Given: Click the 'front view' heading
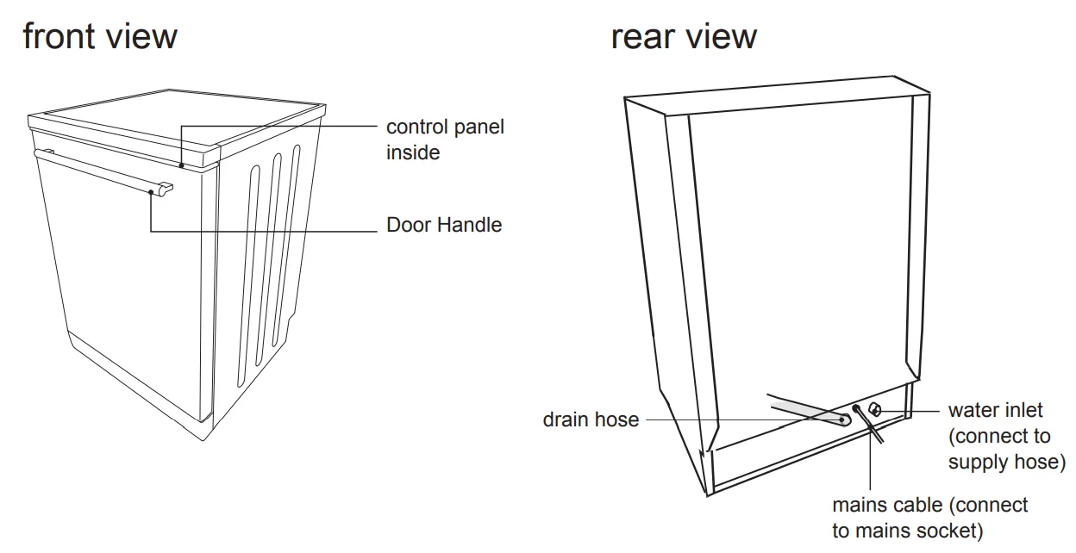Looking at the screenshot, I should tap(100, 37).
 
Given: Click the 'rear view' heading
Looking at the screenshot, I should tap(684, 37).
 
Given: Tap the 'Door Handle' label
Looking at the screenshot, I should tap(443, 226).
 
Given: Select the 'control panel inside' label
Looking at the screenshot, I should tap(444, 140).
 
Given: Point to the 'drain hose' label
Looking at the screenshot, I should tap(591, 420).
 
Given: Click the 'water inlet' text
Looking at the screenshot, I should tap(995, 411).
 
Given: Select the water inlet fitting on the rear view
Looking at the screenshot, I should tap(875, 410).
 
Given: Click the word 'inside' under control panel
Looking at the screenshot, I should tap(413, 153).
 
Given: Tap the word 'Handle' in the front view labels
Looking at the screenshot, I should tap(471, 226).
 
